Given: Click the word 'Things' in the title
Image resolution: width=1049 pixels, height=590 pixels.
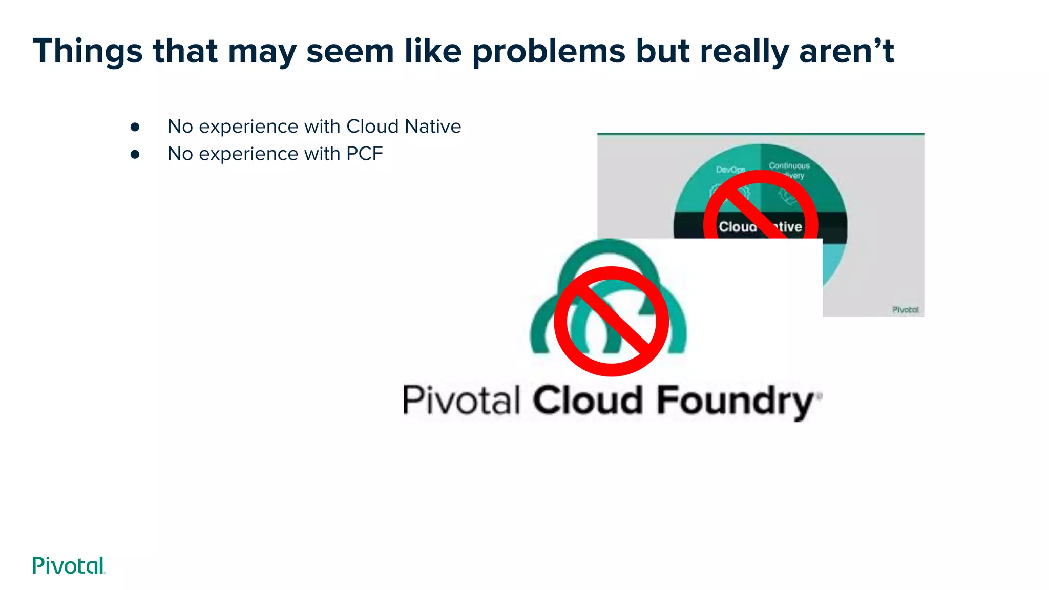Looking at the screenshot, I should (88, 52).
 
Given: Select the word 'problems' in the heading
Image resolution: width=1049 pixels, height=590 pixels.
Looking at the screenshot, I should (548, 52).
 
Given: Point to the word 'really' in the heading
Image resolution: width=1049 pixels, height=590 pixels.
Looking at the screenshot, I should (744, 52).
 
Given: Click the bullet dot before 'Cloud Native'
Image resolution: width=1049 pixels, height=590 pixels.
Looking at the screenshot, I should (135, 127).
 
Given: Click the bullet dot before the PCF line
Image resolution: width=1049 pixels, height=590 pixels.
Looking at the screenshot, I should (135, 154).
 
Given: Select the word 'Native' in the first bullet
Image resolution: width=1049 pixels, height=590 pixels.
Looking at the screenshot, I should (432, 127).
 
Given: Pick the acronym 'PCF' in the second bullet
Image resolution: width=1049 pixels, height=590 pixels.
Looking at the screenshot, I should (364, 154).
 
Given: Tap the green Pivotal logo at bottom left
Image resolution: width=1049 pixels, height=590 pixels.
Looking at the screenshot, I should (69, 565).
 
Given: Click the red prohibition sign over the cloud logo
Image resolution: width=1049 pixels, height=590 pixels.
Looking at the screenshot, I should (612, 322).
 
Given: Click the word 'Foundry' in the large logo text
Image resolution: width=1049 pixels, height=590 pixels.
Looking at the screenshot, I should (735, 401).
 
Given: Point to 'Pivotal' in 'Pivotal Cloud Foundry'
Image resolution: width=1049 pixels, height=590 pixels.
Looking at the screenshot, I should (461, 401).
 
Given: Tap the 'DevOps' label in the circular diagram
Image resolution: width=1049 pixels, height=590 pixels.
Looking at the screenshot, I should (730, 170).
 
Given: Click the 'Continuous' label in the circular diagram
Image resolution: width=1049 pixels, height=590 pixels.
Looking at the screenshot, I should (789, 166).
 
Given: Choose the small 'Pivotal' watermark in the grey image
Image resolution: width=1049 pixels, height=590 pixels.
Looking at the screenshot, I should (905, 310).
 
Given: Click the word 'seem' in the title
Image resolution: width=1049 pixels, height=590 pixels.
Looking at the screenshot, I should (350, 52).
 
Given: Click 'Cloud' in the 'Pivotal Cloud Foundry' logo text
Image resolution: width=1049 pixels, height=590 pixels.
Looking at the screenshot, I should (588, 401).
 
